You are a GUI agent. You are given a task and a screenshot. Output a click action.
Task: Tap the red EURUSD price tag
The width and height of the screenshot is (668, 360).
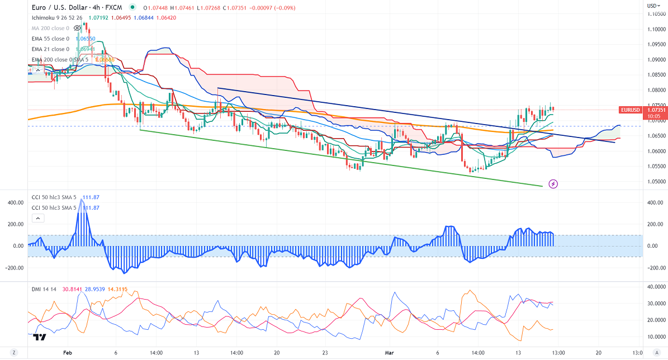click(630, 110)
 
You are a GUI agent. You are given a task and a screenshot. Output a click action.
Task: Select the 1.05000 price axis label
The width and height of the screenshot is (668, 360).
click(656, 181)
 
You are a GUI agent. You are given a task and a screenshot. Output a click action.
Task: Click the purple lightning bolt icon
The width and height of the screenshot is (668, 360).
click(553, 183)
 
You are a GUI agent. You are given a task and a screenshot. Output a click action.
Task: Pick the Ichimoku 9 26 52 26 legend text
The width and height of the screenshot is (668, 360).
click(56, 17)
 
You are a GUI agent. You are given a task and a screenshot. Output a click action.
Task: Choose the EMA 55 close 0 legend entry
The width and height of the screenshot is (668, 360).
click(50, 38)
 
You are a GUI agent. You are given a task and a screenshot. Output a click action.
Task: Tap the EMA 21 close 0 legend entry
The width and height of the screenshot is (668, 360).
click(50, 49)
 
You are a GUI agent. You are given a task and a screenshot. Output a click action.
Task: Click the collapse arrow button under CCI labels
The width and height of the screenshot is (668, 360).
click(38, 219)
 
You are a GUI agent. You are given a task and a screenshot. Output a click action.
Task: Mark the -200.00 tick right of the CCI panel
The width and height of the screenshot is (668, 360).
click(655, 267)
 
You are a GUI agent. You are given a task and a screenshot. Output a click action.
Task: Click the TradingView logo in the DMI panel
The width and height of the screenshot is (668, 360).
click(39, 337)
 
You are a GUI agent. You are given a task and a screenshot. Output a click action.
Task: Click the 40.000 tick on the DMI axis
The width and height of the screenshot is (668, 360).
click(656, 286)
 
